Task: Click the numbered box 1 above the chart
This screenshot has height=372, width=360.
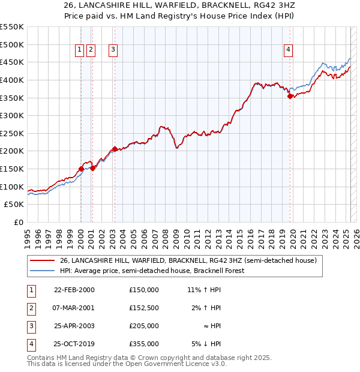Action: click(80, 50)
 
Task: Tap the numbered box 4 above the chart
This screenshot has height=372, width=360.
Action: click(289, 50)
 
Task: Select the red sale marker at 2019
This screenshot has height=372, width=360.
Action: click(290, 96)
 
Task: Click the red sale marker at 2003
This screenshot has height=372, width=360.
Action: click(115, 149)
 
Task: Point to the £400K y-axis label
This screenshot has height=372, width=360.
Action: click(13, 80)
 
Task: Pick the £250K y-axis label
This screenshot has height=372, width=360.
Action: click(13, 133)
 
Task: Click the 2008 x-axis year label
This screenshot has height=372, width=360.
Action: click(165, 235)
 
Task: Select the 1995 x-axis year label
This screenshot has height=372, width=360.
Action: click(28, 235)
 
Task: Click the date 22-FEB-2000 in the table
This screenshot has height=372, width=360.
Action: click(74, 290)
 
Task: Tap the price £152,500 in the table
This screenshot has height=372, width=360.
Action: click(144, 308)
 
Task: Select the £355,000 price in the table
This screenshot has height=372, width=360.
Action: click(144, 344)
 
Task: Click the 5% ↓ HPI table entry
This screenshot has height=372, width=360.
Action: click(206, 344)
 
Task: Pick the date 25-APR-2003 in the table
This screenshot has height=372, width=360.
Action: click(74, 326)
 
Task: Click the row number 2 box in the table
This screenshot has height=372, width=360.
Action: click(31, 308)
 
